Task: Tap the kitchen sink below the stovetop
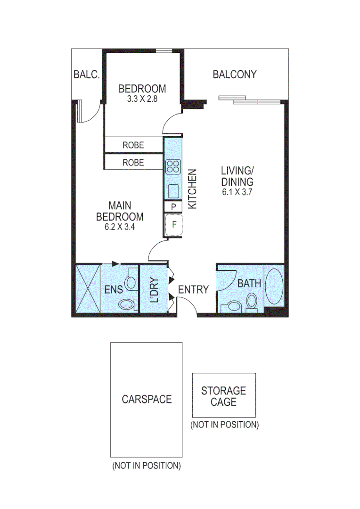(172, 191)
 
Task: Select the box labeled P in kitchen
(173, 207)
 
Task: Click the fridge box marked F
(173, 224)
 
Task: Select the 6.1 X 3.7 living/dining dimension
(237, 192)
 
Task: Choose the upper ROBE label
(133, 145)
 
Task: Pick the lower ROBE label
(133, 163)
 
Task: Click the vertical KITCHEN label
(192, 189)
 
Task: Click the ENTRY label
(193, 289)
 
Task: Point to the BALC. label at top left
(87, 74)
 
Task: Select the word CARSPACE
(147, 399)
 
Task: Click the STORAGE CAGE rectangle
(224, 396)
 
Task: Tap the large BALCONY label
(235, 74)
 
